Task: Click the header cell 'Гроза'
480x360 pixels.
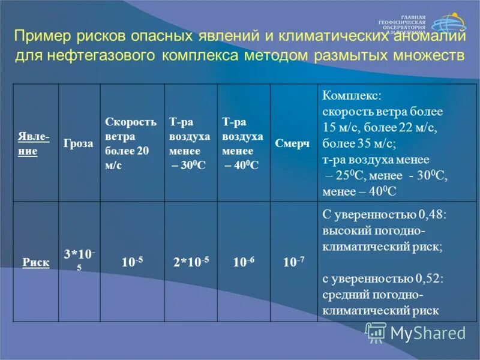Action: [x=79, y=145]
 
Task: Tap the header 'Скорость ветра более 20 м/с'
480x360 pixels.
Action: [x=131, y=144]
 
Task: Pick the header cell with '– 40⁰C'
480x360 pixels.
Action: [x=243, y=144]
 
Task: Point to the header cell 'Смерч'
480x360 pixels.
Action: [x=293, y=145]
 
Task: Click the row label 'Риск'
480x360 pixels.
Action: [x=37, y=262]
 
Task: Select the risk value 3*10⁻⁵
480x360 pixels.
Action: [x=79, y=259]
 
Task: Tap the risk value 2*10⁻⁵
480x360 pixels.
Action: [x=190, y=262]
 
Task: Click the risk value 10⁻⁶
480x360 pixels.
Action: [x=243, y=262]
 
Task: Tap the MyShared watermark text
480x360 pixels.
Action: [x=428, y=332]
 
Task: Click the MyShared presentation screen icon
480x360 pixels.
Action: [x=376, y=332]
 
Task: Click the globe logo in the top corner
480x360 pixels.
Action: [x=447, y=25]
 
